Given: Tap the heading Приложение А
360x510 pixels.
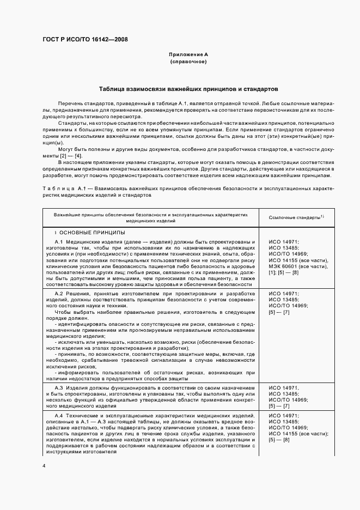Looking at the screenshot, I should [x=188, y=55].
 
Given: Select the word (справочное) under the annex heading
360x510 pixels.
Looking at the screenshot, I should [x=188, y=62].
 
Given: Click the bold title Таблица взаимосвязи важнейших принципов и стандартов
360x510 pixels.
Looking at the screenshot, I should [x=188, y=88].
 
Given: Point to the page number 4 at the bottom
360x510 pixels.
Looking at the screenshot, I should [x=44, y=466].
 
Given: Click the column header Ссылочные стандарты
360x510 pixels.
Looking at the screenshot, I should [x=294, y=217].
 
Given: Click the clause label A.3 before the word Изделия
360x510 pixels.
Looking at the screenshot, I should [x=60, y=387].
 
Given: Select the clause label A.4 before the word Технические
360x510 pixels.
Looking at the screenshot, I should [x=60, y=416].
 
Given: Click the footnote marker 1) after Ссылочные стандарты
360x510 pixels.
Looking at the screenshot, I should [x=322, y=216].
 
